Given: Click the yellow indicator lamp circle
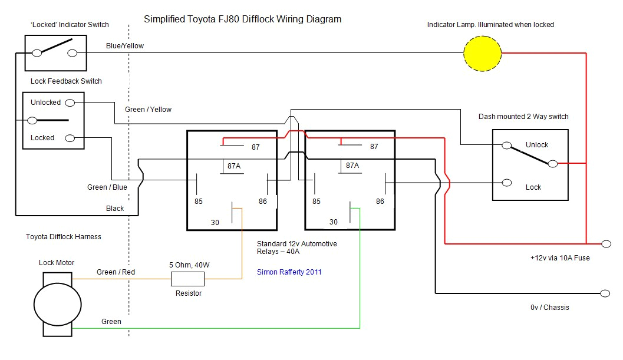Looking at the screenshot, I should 482,53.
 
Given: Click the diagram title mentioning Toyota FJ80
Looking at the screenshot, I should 242,19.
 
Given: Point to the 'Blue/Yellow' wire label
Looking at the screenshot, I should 125,45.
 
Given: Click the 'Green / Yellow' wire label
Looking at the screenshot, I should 148,110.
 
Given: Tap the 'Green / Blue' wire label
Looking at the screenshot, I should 107,187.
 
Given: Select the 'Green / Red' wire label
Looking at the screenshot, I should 116,272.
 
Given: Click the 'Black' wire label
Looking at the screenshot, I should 115,209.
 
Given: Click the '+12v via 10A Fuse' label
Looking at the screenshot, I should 559,258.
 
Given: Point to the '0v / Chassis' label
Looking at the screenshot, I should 549,308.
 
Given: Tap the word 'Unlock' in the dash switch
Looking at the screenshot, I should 536,145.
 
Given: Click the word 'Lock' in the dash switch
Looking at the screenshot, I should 533,187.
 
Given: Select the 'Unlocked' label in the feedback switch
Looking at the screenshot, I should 45,103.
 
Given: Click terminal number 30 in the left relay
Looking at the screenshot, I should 215,222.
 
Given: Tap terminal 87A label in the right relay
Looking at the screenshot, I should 352,166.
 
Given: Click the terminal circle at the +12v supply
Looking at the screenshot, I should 605,243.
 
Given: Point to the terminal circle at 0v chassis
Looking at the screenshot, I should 605,293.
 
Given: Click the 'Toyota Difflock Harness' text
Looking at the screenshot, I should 64,237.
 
